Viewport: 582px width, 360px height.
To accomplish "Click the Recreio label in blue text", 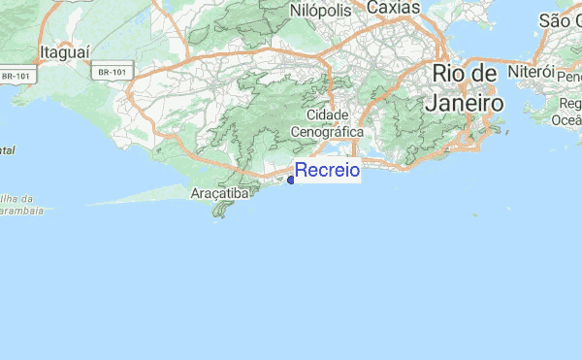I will [x=327, y=172].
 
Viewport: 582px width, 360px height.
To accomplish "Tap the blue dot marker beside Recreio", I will [x=291, y=180].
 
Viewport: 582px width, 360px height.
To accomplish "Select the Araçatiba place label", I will [x=219, y=193].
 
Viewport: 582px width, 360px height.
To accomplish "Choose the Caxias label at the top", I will [x=394, y=8].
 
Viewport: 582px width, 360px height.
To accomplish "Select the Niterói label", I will [x=530, y=73].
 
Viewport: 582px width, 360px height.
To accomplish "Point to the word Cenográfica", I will [x=328, y=131].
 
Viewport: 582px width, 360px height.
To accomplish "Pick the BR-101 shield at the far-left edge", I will [x=14, y=76].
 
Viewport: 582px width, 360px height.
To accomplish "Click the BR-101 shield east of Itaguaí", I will [x=113, y=72].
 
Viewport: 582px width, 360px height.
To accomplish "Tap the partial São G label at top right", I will [x=560, y=20].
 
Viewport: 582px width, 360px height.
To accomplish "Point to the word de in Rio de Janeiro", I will [x=485, y=75].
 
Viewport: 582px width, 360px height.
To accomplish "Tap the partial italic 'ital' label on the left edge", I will [x=8, y=150].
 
